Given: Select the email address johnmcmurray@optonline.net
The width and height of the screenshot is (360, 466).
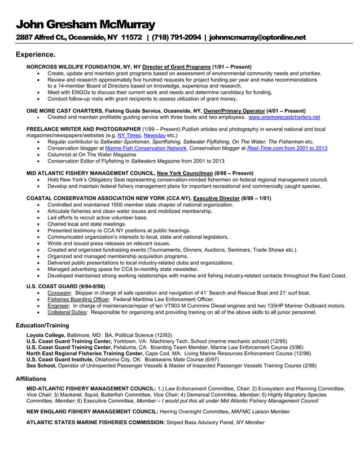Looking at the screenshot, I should [x=257, y=38].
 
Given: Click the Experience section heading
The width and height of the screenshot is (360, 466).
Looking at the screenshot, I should [x=35, y=55].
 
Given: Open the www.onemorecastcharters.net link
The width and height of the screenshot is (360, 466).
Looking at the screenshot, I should [x=284, y=117].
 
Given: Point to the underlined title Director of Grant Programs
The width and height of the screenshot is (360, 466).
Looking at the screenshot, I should [x=176, y=67].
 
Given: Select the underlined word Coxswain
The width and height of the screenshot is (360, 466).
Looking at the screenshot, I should [x=59, y=294].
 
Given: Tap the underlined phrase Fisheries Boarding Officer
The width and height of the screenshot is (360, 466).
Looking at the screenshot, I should [x=75, y=300].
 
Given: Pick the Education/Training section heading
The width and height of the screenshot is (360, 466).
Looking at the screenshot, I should [x=42, y=326].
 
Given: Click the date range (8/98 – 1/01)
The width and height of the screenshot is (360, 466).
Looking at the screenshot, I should [x=256, y=199].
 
